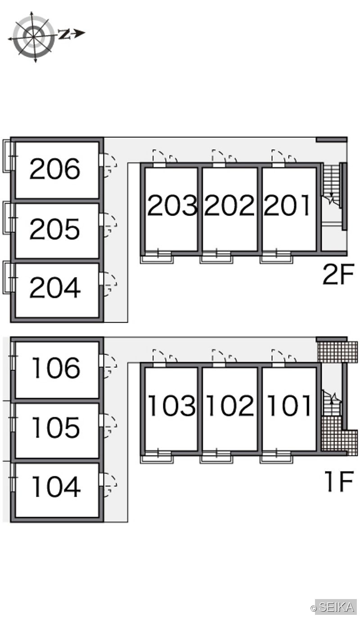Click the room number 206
pyautogui.click(x=54, y=169)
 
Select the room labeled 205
pyautogui.click(x=54, y=229)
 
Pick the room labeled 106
pyautogui.click(x=56, y=367)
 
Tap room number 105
pyautogui.click(x=56, y=427)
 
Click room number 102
pyautogui.click(x=230, y=405)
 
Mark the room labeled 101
pyautogui.click(x=289, y=405)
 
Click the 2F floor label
pyautogui.click(x=338, y=274)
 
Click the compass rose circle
pyautogui.click(x=33, y=36)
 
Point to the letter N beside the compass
pyautogui.click(x=64, y=34)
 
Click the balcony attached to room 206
pyautogui.click(x=8, y=156)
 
